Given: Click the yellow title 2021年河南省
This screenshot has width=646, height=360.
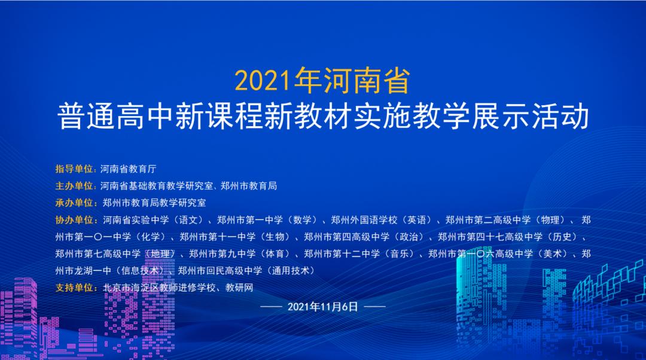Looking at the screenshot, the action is coord(322,80).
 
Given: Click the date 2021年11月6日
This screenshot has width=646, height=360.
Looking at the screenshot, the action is coord(322,307).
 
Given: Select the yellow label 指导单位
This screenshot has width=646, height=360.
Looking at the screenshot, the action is coord(74,169).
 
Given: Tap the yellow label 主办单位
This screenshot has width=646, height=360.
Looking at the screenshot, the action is coord(74,186).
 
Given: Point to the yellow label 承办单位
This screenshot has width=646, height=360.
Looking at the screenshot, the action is coord(74,203).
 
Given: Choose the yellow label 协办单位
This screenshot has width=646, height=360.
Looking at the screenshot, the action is coord(74,220).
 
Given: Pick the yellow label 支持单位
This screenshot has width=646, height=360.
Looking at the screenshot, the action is coord(74,288).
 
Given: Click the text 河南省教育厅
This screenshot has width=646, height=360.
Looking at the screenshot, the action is coord(128,169).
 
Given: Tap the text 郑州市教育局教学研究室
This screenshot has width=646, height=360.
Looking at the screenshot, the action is coord(154,203).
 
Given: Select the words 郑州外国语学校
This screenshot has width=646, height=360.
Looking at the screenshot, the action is coord(364,220).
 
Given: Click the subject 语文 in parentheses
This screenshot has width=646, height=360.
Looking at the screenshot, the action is coord(188,220).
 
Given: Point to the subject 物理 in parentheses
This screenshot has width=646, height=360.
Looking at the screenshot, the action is coord(550,220).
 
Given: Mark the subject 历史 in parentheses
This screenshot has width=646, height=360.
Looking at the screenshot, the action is coord(562,237).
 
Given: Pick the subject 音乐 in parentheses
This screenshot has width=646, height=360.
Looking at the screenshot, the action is coord(400,254).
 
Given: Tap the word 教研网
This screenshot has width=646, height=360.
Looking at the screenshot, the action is coord(239,288).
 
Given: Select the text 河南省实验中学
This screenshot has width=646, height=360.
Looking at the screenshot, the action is coord(136,220).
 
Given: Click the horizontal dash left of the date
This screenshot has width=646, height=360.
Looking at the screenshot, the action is coord(271,307).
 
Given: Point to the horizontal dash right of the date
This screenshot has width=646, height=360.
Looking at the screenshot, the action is coord(375,307).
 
